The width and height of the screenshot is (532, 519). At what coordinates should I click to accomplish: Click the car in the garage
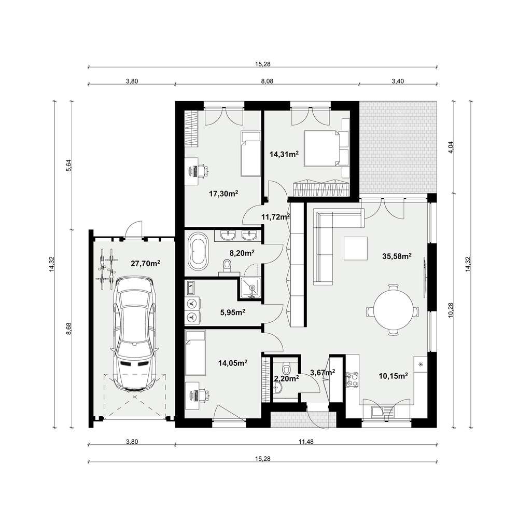pos(134,334)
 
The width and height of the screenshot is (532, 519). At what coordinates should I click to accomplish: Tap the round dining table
pos(393,310)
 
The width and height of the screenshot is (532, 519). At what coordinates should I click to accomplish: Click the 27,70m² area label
pos(145,263)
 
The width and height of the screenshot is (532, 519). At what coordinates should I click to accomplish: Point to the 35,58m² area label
pos(397,256)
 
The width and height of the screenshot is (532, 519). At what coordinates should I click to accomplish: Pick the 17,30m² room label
pos(223,194)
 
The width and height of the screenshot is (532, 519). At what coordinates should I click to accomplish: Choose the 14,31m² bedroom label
pos(284,154)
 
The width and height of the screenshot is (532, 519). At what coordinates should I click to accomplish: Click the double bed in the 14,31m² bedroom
pos(321,148)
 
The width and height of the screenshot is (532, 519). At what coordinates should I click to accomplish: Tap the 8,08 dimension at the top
pos(267,81)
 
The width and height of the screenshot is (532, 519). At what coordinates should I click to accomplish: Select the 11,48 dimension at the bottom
pos(306,442)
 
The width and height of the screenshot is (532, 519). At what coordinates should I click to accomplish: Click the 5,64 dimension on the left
pos(68,166)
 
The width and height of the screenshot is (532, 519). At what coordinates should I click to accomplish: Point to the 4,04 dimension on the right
pos(451,147)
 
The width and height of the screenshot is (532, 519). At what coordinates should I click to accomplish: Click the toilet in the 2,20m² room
pos(286,368)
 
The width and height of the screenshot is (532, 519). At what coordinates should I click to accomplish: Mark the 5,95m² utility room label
pos(233,312)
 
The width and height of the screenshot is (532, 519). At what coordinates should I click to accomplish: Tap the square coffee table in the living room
pos(355,248)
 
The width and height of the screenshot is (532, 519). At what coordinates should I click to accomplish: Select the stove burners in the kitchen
pos(352,379)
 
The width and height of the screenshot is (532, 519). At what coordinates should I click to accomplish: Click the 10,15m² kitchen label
pos(393,376)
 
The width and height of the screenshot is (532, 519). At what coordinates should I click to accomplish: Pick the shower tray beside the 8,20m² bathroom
pos(251,288)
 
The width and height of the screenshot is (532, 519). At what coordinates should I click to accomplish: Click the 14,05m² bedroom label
pos(232,363)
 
